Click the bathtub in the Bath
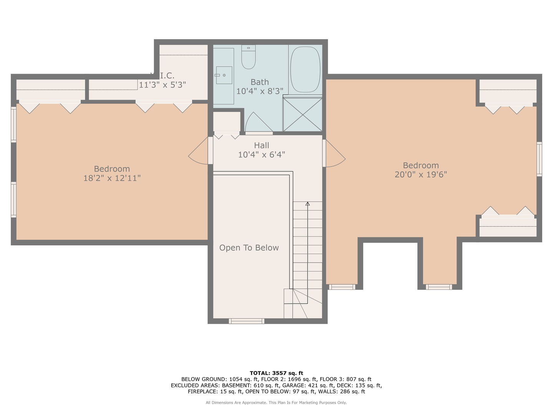pos(305,69)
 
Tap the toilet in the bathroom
pos(248,57)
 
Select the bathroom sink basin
pos(224,75)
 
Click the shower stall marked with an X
pos(303,115)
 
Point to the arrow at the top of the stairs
pos(308,204)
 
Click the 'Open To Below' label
pos(249,248)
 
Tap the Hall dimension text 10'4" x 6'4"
pos(262,155)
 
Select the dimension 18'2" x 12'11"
pos(112,178)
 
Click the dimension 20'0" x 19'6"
pos(421,175)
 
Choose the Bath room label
pos(260,82)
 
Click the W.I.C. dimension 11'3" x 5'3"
pos(162,85)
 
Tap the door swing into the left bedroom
pos(199,151)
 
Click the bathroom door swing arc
pos(258,123)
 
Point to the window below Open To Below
pos(247,321)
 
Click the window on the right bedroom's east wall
pos(539,159)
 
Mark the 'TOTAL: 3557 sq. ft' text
pos(276,373)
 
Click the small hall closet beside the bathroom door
pos(227,122)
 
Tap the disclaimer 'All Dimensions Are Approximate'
pos(236,402)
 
